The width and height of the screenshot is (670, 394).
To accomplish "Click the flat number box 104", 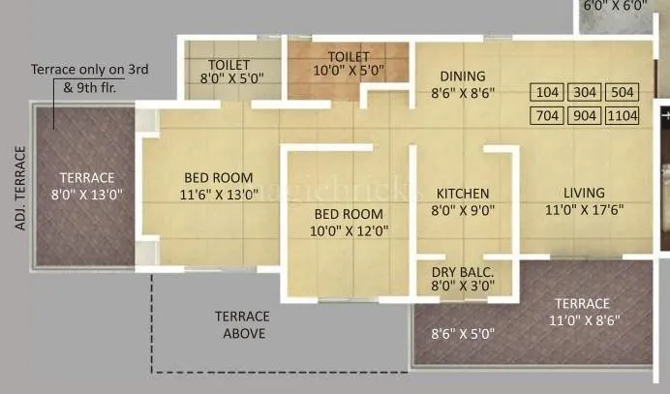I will click(547, 94).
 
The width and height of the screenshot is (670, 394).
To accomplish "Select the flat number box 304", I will click(584, 94).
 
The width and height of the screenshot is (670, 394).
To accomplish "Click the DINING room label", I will click(463, 76).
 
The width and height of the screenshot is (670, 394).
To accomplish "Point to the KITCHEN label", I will click(462, 194).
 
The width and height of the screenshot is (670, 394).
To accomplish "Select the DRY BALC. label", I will click(463, 271).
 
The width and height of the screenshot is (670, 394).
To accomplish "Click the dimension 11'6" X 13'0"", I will click(219, 194).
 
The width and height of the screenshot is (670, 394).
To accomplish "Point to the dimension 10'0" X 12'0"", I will click(346, 230).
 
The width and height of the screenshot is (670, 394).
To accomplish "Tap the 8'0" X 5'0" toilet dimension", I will click(231, 76).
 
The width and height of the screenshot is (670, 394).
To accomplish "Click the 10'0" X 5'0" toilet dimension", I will click(349, 71).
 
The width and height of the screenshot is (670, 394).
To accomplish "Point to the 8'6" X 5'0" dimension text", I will click(463, 334).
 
